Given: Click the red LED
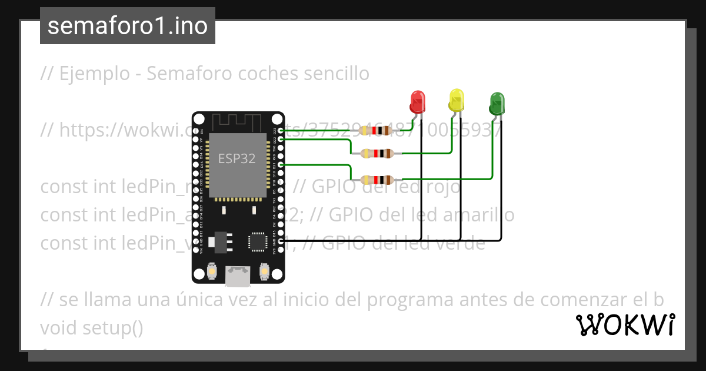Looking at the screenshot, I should (418, 102).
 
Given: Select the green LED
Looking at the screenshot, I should (497, 103).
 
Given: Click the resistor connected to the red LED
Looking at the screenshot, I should (377, 130).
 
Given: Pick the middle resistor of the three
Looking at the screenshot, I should (377, 154).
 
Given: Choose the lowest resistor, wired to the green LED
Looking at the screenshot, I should (377, 179).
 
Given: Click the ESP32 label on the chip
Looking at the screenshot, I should (237, 158).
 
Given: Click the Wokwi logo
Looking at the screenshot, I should (625, 324).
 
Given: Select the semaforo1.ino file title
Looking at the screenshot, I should (128, 26).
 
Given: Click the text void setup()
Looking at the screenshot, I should (92, 327).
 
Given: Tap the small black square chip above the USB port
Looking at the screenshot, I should (258, 241).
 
